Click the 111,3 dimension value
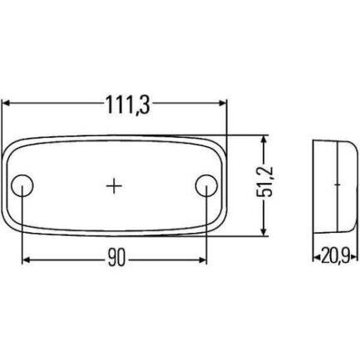coord(128,106)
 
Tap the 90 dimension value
coord(116,258)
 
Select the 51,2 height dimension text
coord(264,183)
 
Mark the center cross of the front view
coord(114,185)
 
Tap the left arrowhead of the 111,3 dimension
coord(6,103)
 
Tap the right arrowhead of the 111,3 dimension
coord(223,103)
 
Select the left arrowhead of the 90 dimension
coord(26,259)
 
